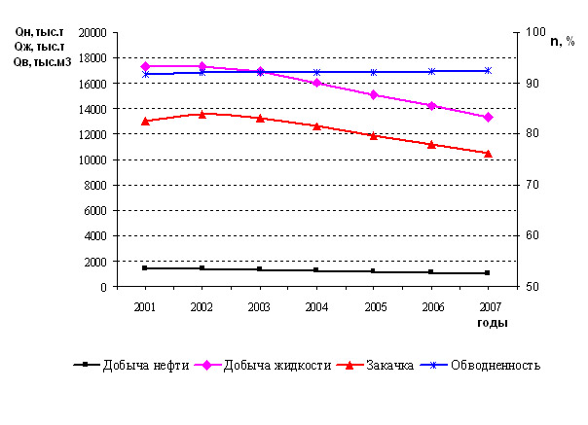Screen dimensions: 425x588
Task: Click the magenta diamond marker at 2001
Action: pyautogui.click(x=145, y=66)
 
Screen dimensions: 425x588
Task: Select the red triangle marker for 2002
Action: pyautogui.click(x=202, y=114)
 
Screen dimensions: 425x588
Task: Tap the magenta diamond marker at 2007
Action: pyautogui.click(x=488, y=117)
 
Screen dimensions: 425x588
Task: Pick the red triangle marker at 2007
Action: pyautogui.click(x=488, y=153)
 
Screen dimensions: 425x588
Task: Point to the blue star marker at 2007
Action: pyautogui.click(x=488, y=70)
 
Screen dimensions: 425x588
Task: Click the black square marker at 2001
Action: pyautogui.click(x=145, y=267)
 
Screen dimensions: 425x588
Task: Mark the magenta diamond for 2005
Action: pyautogui.click(x=374, y=94)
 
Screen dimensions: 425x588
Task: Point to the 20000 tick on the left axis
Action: pyautogui.click(x=92, y=32)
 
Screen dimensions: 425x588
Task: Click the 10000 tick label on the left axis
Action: pyautogui.click(x=92, y=159)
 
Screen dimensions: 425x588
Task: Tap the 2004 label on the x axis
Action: pyautogui.click(x=316, y=306)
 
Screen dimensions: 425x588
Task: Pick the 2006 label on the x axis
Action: pyautogui.click(x=431, y=306)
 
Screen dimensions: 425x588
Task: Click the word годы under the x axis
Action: pyautogui.click(x=492, y=322)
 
